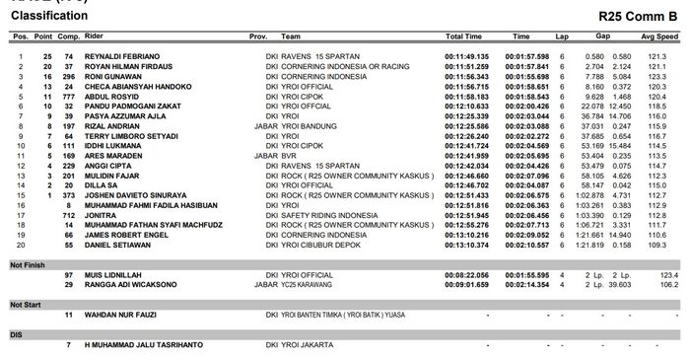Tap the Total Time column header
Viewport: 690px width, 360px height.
click(x=463, y=36)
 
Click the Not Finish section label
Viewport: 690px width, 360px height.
click(x=27, y=263)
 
